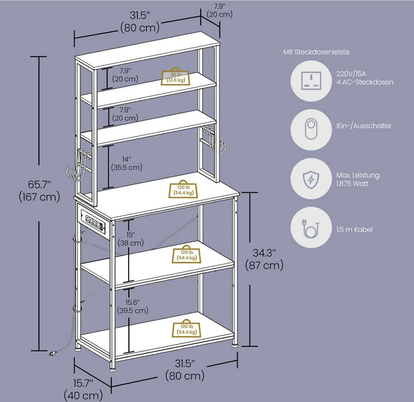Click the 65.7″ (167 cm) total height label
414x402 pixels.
(x=39, y=190)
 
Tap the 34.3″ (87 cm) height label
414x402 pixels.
(x=264, y=259)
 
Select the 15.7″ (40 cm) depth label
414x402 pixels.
(x=83, y=389)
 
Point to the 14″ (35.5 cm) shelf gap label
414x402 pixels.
(x=126, y=163)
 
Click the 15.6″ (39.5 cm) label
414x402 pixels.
(x=132, y=306)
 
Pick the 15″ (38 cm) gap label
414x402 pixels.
(x=131, y=239)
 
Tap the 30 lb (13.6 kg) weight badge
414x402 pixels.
(x=175, y=78)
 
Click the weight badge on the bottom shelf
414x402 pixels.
(x=187, y=328)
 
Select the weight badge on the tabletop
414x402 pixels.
(x=183, y=189)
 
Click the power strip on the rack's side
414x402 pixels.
(x=93, y=223)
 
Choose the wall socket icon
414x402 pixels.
(x=311, y=81)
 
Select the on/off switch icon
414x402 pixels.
(x=311, y=129)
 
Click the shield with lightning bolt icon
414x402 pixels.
(x=311, y=179)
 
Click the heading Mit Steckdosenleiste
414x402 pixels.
(x=316, y=52)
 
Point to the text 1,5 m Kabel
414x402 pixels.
(x=354, y=230)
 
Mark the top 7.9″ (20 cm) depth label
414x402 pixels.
(x=219, y=10)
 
